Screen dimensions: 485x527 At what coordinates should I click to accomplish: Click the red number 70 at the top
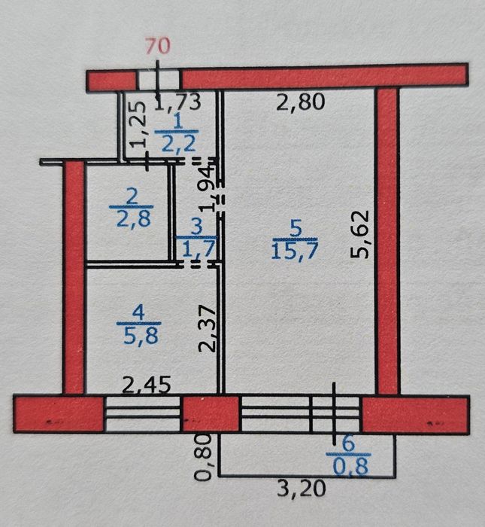point(158,46)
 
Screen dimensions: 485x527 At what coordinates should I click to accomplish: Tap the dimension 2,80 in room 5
point(301,102)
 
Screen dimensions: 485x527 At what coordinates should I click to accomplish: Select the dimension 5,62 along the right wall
point(360,234)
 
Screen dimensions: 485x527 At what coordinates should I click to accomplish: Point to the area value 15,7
point(294,251)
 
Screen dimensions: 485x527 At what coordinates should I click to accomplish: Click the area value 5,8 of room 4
point(141,336)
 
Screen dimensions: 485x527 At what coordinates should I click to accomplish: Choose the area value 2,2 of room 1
point(178,144)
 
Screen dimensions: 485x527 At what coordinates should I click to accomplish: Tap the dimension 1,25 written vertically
point(138,124)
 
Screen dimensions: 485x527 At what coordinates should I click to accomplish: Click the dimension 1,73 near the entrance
point(178,102)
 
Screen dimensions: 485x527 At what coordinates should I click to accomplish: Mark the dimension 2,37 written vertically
point(208,328)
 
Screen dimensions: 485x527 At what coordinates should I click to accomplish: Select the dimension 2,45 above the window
point(147,385)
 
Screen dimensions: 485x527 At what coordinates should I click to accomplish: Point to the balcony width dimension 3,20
point(302,489)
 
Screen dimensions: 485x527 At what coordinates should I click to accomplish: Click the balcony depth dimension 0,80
point(203,457)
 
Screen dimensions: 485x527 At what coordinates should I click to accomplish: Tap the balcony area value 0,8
point(351,466)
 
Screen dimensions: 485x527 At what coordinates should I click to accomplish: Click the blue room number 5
point(296,229)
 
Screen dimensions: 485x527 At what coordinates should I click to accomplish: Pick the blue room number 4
point(138,314)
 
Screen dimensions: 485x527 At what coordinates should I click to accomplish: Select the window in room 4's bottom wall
point(143,414)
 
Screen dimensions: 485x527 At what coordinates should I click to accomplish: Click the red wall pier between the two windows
point(211,414)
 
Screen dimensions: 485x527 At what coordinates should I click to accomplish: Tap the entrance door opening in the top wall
point(158,80)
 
